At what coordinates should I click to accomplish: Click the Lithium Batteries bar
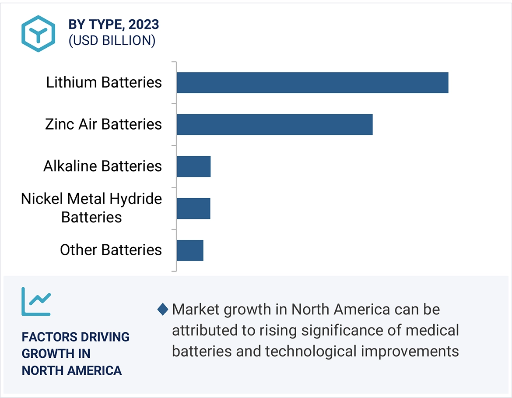312,82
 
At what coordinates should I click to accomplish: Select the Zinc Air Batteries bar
274,124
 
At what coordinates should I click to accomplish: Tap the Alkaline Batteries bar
193,166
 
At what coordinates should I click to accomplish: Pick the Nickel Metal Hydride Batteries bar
193,208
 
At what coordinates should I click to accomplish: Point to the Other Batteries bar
190,250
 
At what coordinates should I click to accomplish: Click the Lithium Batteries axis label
104,82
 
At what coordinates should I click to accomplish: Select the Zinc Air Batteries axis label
103,124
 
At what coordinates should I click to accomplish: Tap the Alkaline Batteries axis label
102,166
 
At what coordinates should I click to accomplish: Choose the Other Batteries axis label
111,250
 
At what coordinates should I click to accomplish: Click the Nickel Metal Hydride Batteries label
91,208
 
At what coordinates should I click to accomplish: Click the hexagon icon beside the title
39,33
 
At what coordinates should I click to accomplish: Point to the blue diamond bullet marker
162,310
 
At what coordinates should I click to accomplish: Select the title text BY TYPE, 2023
114,25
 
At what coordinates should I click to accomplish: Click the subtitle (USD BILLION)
112,41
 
